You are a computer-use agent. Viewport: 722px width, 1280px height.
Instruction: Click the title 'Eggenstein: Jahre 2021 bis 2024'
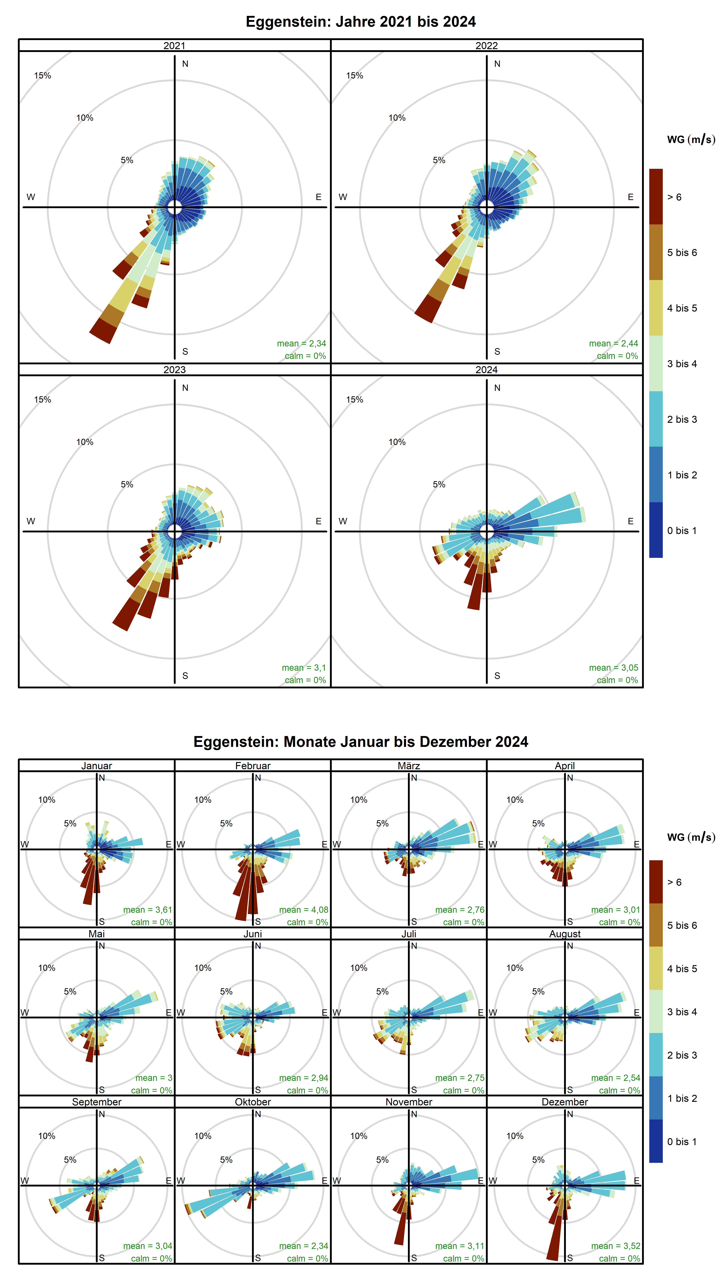tap(361, 22)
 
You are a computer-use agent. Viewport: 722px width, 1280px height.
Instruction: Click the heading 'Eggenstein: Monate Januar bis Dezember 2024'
tap(361, 742)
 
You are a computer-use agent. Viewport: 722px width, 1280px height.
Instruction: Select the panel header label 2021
tap(174, 46)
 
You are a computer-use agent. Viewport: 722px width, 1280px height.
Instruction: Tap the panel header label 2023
tap(174, 370)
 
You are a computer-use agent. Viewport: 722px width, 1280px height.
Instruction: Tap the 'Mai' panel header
tap(96, 934)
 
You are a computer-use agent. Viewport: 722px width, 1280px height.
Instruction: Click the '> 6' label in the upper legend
tap(674, 197)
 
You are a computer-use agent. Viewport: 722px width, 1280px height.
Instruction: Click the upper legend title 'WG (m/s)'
tap(691, 140)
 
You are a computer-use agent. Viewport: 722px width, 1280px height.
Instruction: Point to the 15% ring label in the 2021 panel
tap(43, 75)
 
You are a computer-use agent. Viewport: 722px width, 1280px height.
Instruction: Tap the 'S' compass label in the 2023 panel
tap(185, 676)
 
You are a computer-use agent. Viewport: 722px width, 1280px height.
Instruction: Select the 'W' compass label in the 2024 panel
tap(343, 521)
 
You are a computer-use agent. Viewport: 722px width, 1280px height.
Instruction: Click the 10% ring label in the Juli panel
tap(359, 968)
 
